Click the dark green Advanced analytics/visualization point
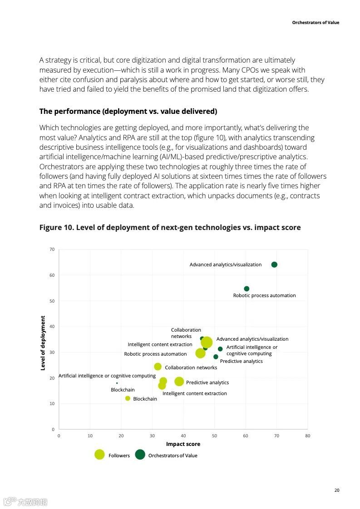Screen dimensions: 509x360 pos(274,264)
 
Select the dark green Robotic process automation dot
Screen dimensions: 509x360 pos(247,289)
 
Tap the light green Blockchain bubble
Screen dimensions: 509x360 pos(128,398)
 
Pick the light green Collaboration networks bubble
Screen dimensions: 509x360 pos(158,367)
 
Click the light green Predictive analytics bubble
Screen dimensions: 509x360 pos(179,382)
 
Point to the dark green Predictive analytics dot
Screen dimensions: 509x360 pos(216,357)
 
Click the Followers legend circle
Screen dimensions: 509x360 pos(99,455)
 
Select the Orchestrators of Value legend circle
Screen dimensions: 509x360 pos(140,455)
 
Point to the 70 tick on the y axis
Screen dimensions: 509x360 pos(52,250)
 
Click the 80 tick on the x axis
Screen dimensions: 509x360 pos(307,436)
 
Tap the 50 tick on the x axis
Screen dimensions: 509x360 pos(214,436)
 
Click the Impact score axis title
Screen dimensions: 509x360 pos(183,444)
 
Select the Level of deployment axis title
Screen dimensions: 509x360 pos(43,343)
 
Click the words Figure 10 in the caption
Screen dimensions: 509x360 pos(56,227)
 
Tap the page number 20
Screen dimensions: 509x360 pos(336,490)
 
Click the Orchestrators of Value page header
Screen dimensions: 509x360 pos(316,23)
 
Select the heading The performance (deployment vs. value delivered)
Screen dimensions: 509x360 pos(128,111)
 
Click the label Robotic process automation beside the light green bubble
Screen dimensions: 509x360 pos(155,354)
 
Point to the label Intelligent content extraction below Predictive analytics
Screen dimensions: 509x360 pos(195,393)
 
